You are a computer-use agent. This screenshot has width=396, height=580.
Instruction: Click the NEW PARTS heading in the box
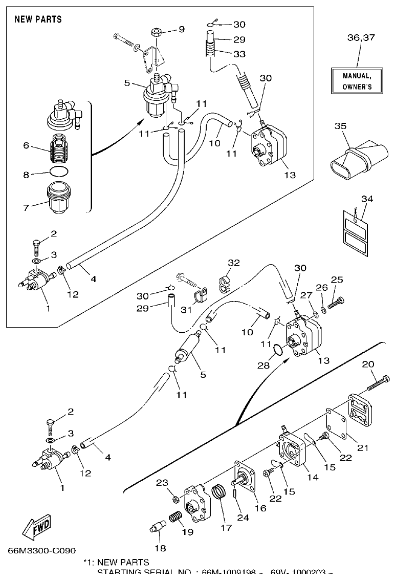click(38, 19)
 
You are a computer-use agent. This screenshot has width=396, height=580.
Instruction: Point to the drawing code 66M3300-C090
click(42, 551)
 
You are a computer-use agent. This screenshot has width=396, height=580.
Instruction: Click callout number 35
click(341, 126)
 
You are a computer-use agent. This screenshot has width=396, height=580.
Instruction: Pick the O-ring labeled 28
click(277, 351)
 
